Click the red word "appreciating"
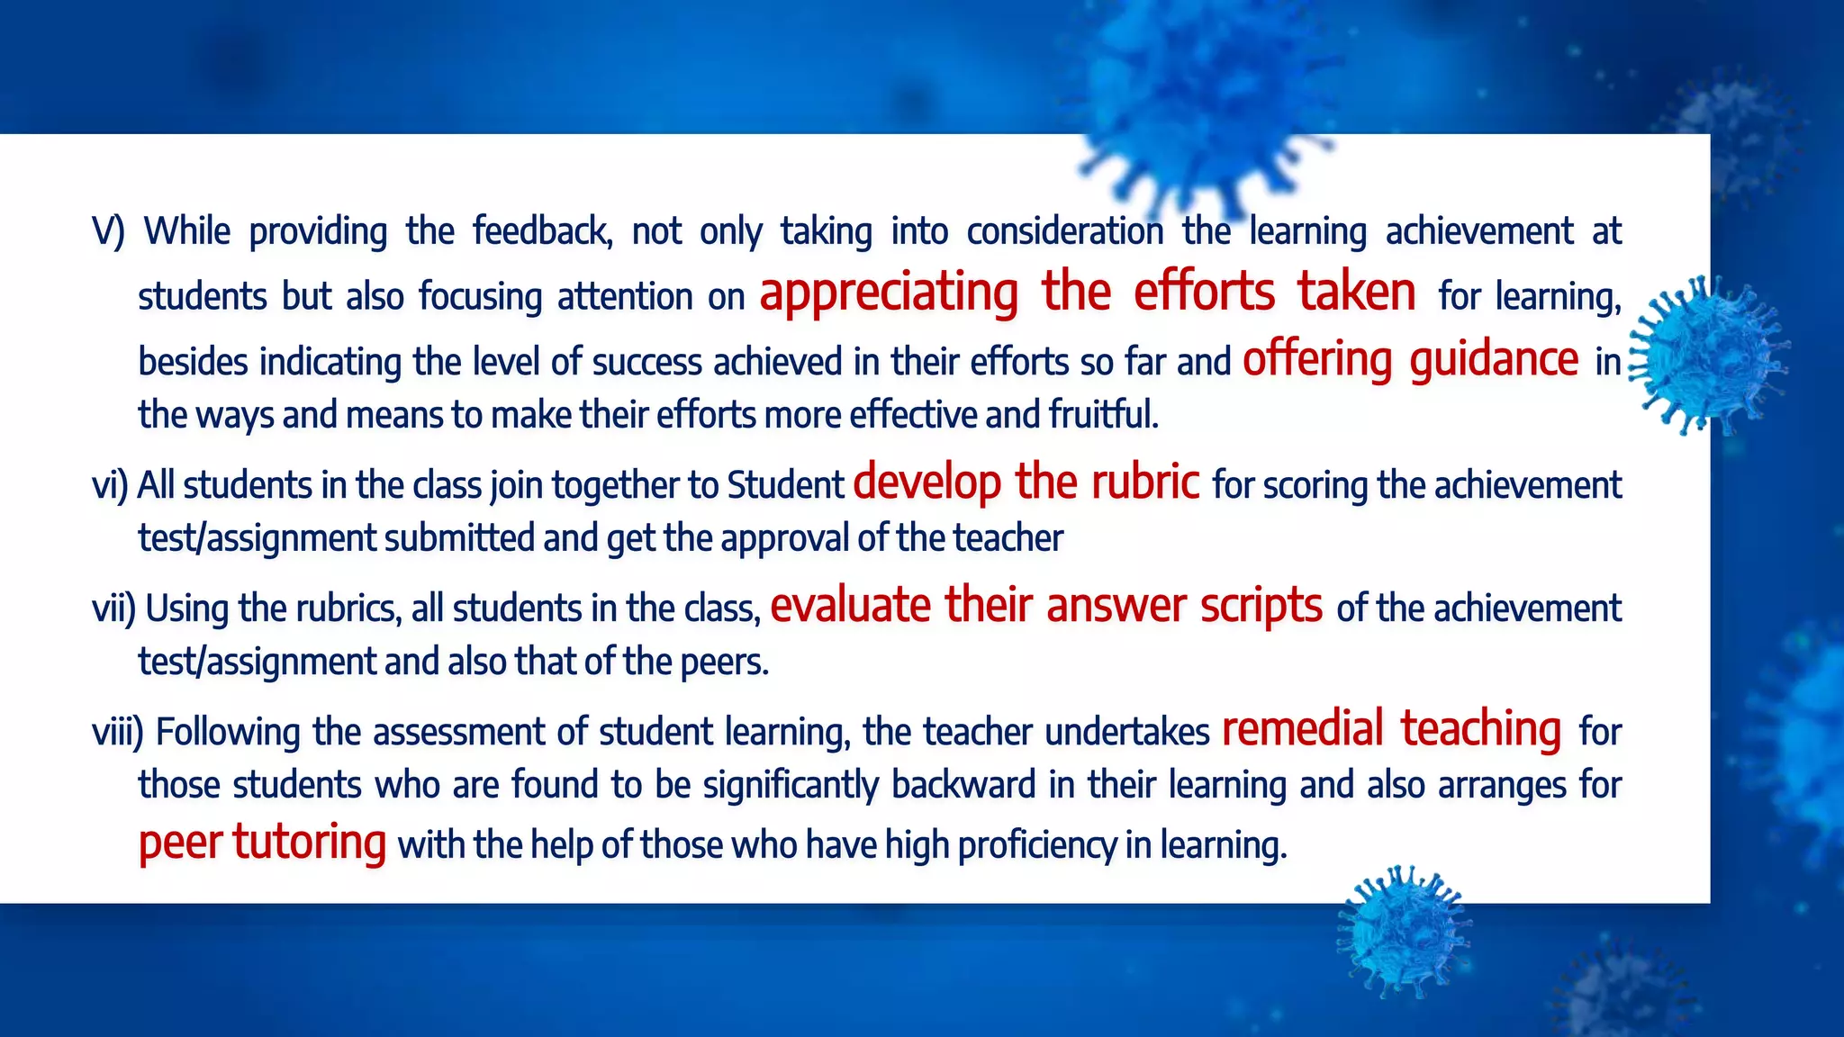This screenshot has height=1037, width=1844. [889, 293]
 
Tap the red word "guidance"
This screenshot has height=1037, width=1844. [1493, 360]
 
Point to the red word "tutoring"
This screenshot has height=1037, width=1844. [310, 843]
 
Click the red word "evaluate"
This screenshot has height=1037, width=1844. [850, 605]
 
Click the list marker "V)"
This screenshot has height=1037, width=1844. [108, 231]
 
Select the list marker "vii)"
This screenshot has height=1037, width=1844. [113, 609]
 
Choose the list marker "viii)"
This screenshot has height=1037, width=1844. [118, 732]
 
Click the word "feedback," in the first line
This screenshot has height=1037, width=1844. [542, 231]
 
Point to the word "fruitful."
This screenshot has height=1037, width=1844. [1103, 415]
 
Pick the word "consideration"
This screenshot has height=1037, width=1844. [1064, 231]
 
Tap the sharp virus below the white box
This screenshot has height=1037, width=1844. [1401, 932]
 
